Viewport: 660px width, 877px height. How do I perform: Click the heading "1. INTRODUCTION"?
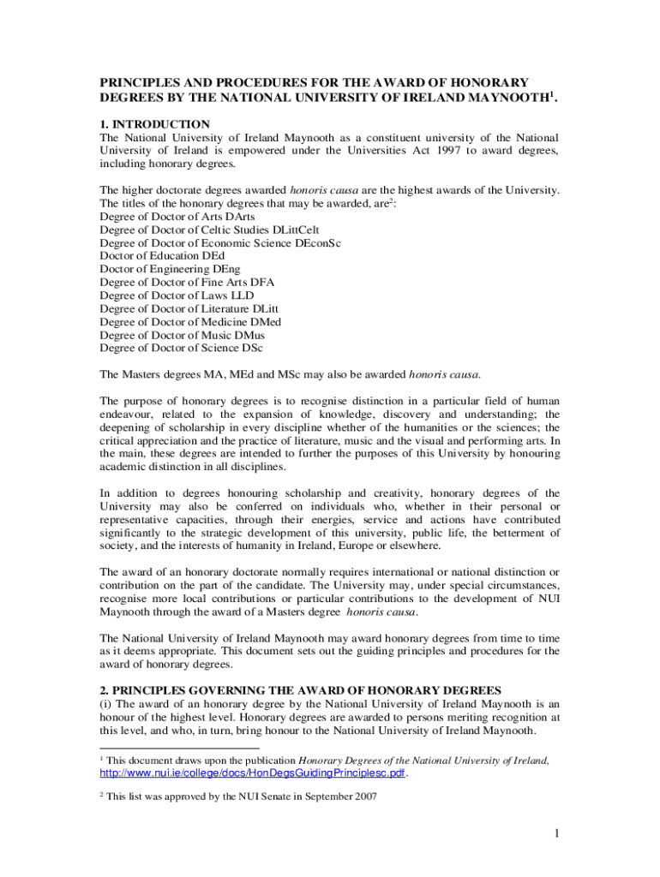click(x=154, y=124)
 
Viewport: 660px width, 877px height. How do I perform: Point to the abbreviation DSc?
click(x=251, y=348)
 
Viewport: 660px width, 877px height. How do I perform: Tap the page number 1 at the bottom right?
click(x=556, y=834)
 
